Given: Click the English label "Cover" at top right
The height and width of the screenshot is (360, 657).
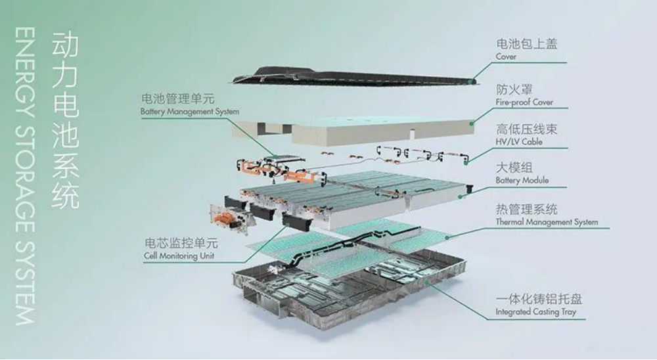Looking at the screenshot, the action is tap(506, 56).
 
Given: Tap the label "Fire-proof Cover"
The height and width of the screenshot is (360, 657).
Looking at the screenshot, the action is tap(524, 102).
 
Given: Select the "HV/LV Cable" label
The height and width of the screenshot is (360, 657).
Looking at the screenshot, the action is tap(519, 142).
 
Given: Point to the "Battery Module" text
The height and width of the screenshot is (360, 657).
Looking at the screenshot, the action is tap(522, 180).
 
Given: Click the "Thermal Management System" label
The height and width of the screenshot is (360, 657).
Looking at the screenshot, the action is tap(547, 221).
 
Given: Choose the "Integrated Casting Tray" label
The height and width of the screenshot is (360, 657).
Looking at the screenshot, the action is tap(536, 311).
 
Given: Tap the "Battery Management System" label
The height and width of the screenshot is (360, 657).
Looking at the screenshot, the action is tap(190, 112).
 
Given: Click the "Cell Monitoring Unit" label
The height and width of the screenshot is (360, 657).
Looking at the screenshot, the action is tap(179, 256).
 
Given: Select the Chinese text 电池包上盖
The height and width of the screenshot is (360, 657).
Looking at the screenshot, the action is tap(527, 43).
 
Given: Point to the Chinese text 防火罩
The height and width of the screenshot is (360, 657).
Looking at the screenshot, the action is tap(514, 89).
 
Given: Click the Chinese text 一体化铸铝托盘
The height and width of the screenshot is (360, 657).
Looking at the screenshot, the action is tap(539, 299).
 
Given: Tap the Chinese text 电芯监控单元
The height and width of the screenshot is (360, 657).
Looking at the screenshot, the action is tap(181, 242).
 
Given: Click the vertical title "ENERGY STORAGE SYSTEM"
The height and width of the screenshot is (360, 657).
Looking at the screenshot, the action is tap(24, 176).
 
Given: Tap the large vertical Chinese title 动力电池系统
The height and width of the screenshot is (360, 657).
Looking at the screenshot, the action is tap(65, 120).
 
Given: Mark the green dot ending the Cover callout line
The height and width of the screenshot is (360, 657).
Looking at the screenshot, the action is tap(474, 80).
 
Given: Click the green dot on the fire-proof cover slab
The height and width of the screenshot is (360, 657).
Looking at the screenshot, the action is tap(471, 124).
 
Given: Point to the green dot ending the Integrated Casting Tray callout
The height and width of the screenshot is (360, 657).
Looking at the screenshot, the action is tap(427, 282).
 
